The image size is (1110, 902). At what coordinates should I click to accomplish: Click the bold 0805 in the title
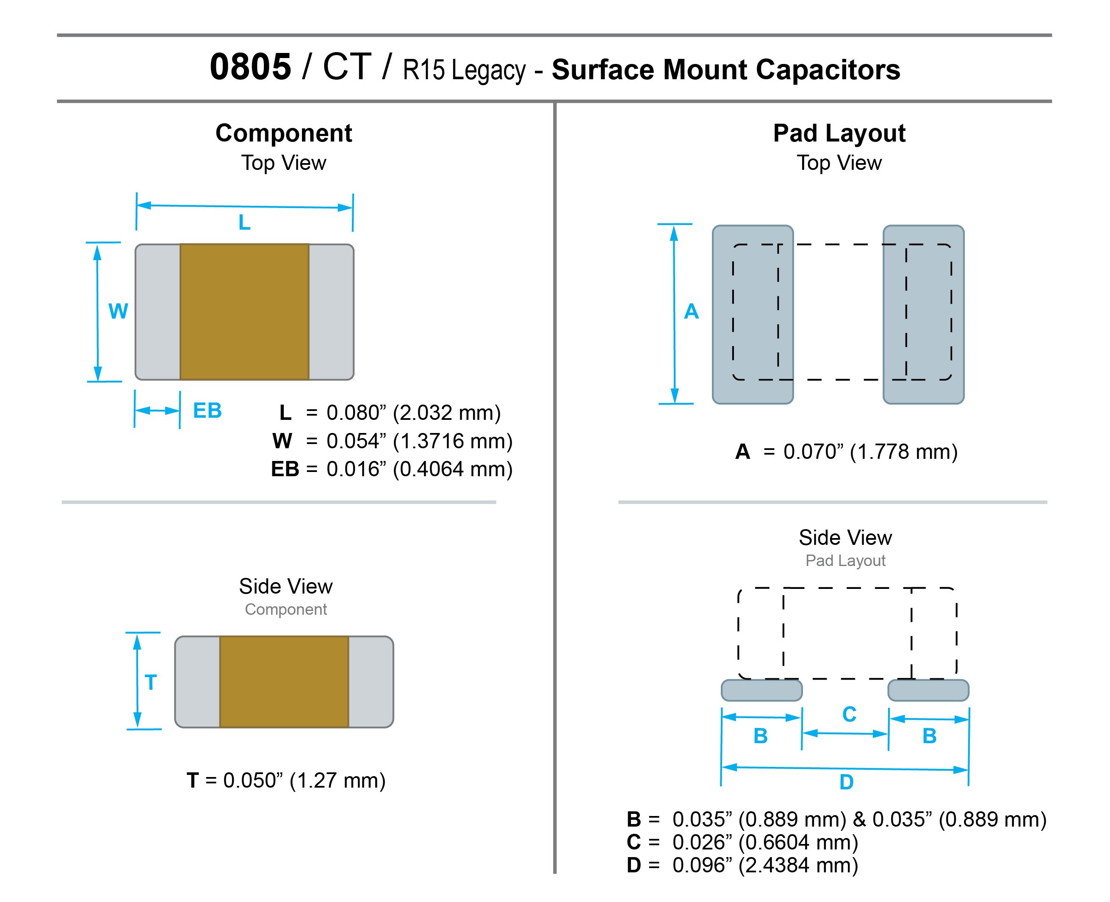point(250,67)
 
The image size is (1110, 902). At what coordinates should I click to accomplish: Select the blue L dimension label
point(244,223)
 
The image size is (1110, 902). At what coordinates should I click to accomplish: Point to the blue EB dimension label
point(207,411)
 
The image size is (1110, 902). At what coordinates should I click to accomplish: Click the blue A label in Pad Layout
point(691,311)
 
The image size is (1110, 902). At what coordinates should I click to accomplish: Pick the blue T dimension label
point(151,682)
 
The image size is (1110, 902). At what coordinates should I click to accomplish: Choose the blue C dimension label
point(849,714)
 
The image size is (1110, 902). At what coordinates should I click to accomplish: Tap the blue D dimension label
point(846,782)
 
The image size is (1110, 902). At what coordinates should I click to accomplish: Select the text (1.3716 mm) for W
point(452,441)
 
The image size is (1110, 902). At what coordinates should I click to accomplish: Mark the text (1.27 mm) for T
point(337,780)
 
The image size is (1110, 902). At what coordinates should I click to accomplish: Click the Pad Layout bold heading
point(839,133)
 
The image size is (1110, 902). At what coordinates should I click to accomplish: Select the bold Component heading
point(284,133)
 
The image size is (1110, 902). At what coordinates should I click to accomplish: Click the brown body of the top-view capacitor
point(244,312)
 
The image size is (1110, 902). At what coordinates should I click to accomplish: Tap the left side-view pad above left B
point(761,690)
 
